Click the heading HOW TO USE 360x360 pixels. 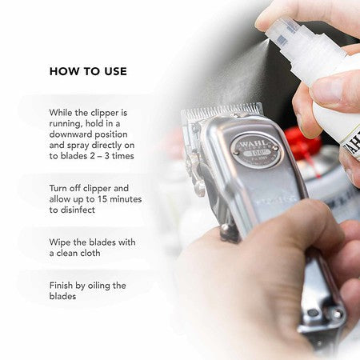pos(88,71)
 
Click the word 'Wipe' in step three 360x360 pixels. pos(62,242)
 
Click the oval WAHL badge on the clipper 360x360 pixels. pos(255,149)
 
